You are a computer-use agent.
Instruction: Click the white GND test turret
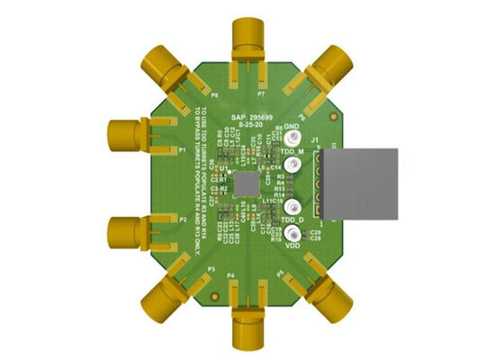click(x=294, y=139)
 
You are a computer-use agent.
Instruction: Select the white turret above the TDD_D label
click(x=294, y=208)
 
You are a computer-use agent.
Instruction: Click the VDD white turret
click(x=294, y=232)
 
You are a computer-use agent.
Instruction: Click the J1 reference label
click(x=315, y=140)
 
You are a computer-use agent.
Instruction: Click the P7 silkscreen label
click(x=260, y=94)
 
